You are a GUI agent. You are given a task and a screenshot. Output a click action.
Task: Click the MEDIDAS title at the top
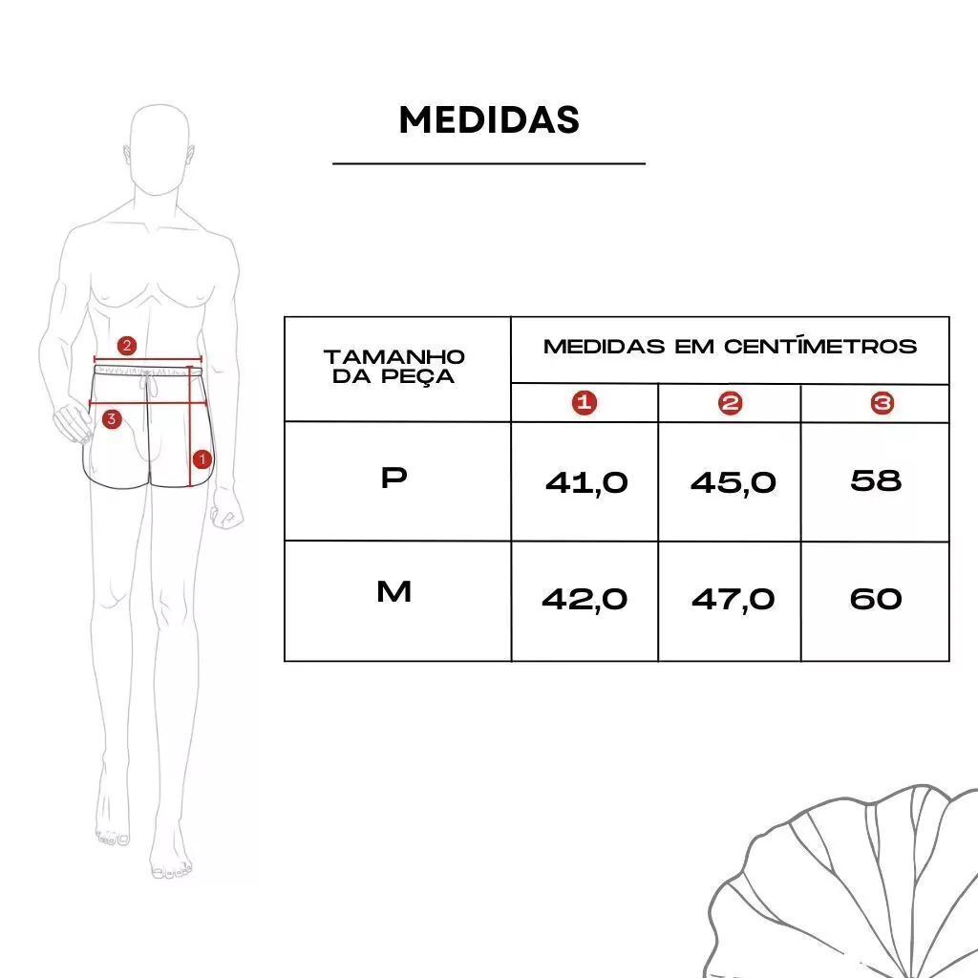point(489,119)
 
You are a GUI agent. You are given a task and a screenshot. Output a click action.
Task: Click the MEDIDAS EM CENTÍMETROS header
point(730,346)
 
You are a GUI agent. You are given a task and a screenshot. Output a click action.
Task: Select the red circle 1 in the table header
point(585,403)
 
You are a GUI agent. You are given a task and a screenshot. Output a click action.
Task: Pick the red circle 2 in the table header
point(731,404)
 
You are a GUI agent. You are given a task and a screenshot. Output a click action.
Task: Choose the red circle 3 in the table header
point(882,403)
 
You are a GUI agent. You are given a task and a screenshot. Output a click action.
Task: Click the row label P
point(394,478)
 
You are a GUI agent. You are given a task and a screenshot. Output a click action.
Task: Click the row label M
point(394,591)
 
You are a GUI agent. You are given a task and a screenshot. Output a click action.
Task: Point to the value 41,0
point(586,483)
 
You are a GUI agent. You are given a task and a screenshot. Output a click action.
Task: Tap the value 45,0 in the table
point(733,483)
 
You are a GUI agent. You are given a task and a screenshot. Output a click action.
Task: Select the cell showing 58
point(876,480)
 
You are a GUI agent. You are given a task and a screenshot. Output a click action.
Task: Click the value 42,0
point(585,600)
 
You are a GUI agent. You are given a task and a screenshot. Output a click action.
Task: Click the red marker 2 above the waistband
point(127,346)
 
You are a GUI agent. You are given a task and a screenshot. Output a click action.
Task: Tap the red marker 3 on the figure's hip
point(112,418)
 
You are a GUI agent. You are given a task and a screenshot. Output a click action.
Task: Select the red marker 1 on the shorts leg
point(202,459)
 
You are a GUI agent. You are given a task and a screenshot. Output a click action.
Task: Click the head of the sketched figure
point(159,150)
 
